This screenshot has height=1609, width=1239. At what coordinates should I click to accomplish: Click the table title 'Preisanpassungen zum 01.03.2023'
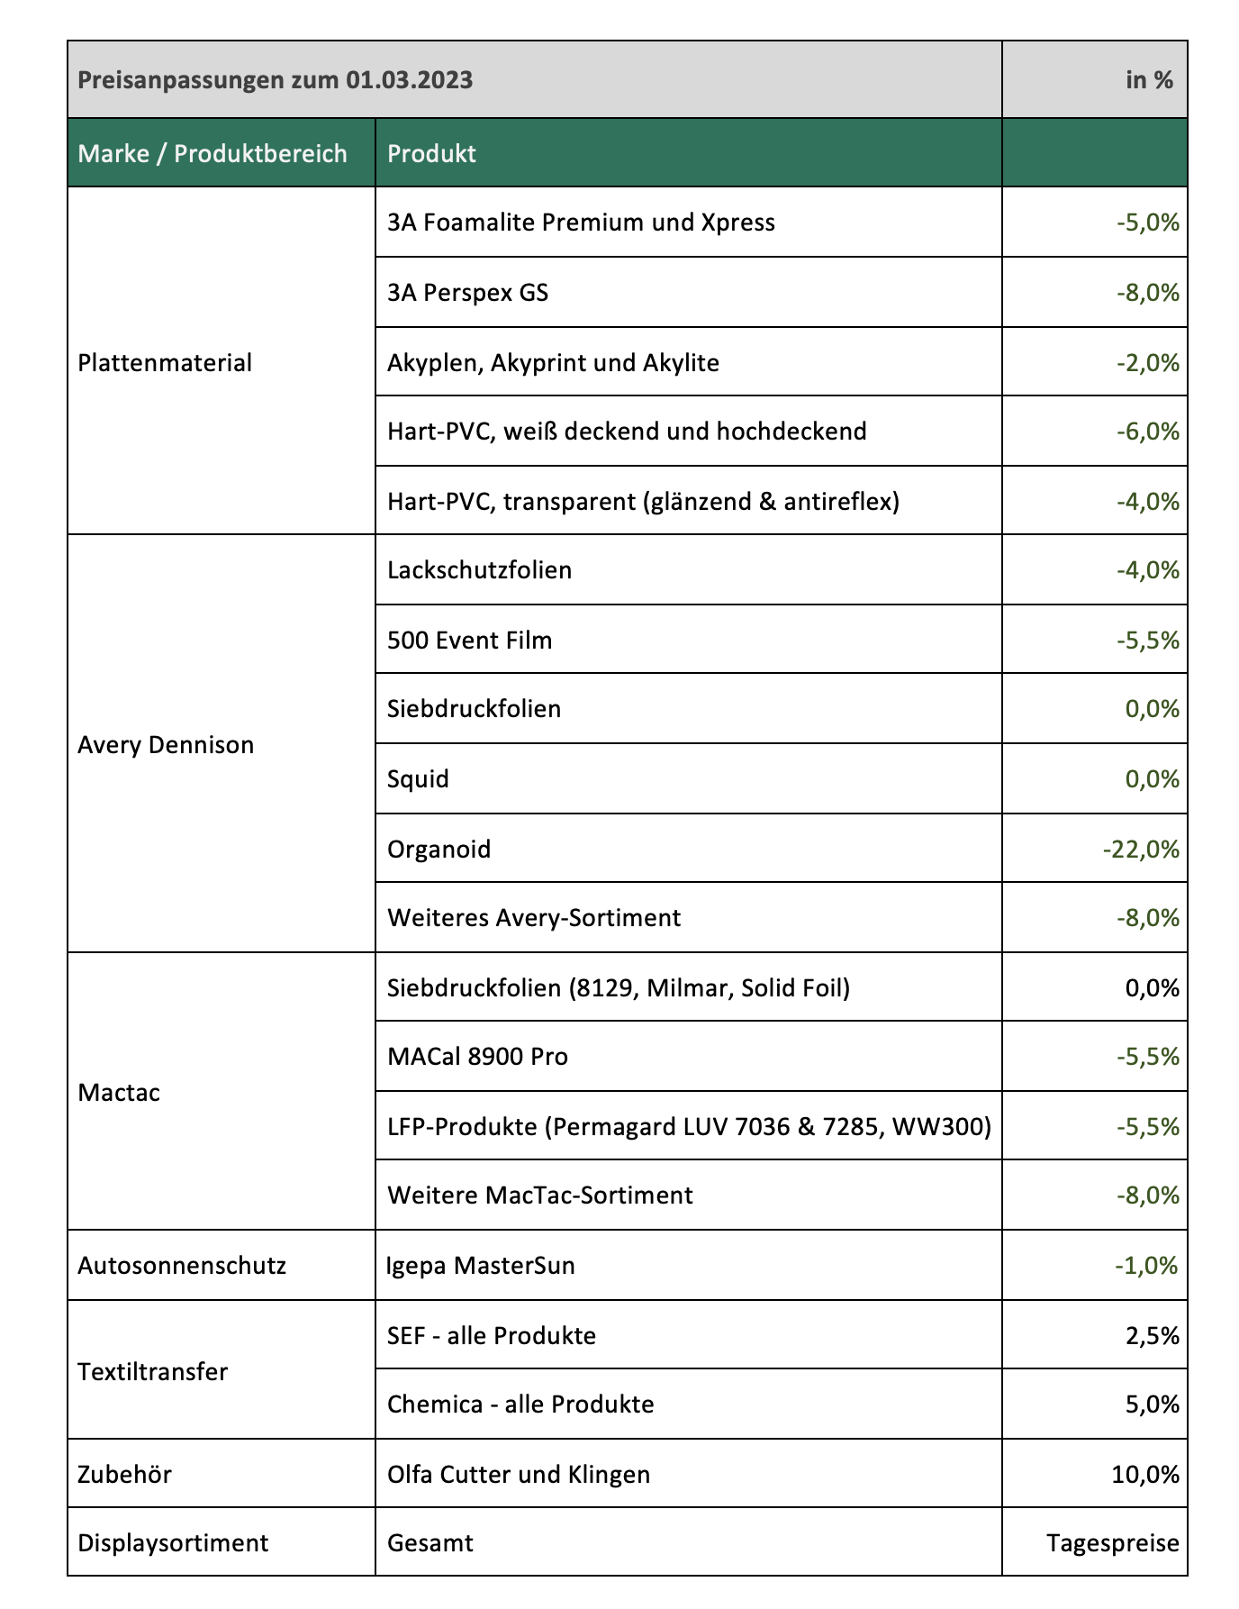(275, 80)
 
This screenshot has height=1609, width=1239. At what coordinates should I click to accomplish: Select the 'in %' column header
(1149, 80)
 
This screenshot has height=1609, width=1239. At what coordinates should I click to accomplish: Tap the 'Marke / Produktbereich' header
(213, 153)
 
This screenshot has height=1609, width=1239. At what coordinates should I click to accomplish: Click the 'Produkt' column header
(431, 153)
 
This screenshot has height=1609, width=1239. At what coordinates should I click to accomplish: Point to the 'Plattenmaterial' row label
(165, 363)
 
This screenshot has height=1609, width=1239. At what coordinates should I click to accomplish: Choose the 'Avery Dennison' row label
(166, 745)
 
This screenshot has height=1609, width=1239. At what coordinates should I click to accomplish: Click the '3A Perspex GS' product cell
(467, 293)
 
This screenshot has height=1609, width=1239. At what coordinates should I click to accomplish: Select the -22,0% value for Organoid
(1140, 849)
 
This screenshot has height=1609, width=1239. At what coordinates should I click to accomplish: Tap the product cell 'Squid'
(418, 778)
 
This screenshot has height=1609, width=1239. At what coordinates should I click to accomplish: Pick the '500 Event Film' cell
(469, 641)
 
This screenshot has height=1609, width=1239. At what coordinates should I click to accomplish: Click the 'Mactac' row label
(119, 1093)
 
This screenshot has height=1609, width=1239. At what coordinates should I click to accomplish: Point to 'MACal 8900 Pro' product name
(477, 1056)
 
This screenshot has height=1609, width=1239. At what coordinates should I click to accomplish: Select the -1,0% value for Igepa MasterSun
(1146, 1266)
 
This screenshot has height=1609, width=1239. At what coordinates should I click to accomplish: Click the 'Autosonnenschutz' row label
(182, 1266)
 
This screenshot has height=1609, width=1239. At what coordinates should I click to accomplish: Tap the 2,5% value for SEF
(1152, 1335)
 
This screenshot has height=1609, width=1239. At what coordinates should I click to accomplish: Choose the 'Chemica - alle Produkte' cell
(520, 1404)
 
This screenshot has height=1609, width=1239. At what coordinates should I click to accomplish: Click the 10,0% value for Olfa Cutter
(1145, 1475)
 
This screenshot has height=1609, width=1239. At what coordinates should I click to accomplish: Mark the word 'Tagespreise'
(1113, 1543)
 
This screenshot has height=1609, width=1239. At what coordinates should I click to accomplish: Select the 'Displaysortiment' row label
(173, 1543)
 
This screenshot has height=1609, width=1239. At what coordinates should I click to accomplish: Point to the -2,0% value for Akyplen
(1147, 363)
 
